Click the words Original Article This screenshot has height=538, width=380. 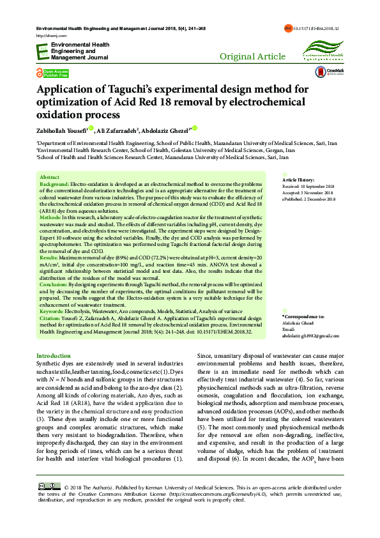point(252,57)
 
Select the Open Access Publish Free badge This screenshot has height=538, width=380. point(53,72)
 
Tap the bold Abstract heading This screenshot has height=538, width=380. point(49,176)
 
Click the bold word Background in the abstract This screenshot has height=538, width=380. point(54,183)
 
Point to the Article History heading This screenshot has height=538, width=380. point(298,181)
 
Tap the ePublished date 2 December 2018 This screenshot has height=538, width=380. point(309,199)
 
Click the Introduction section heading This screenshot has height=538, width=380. point(54,355)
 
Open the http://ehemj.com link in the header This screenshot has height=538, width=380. point(46,36)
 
